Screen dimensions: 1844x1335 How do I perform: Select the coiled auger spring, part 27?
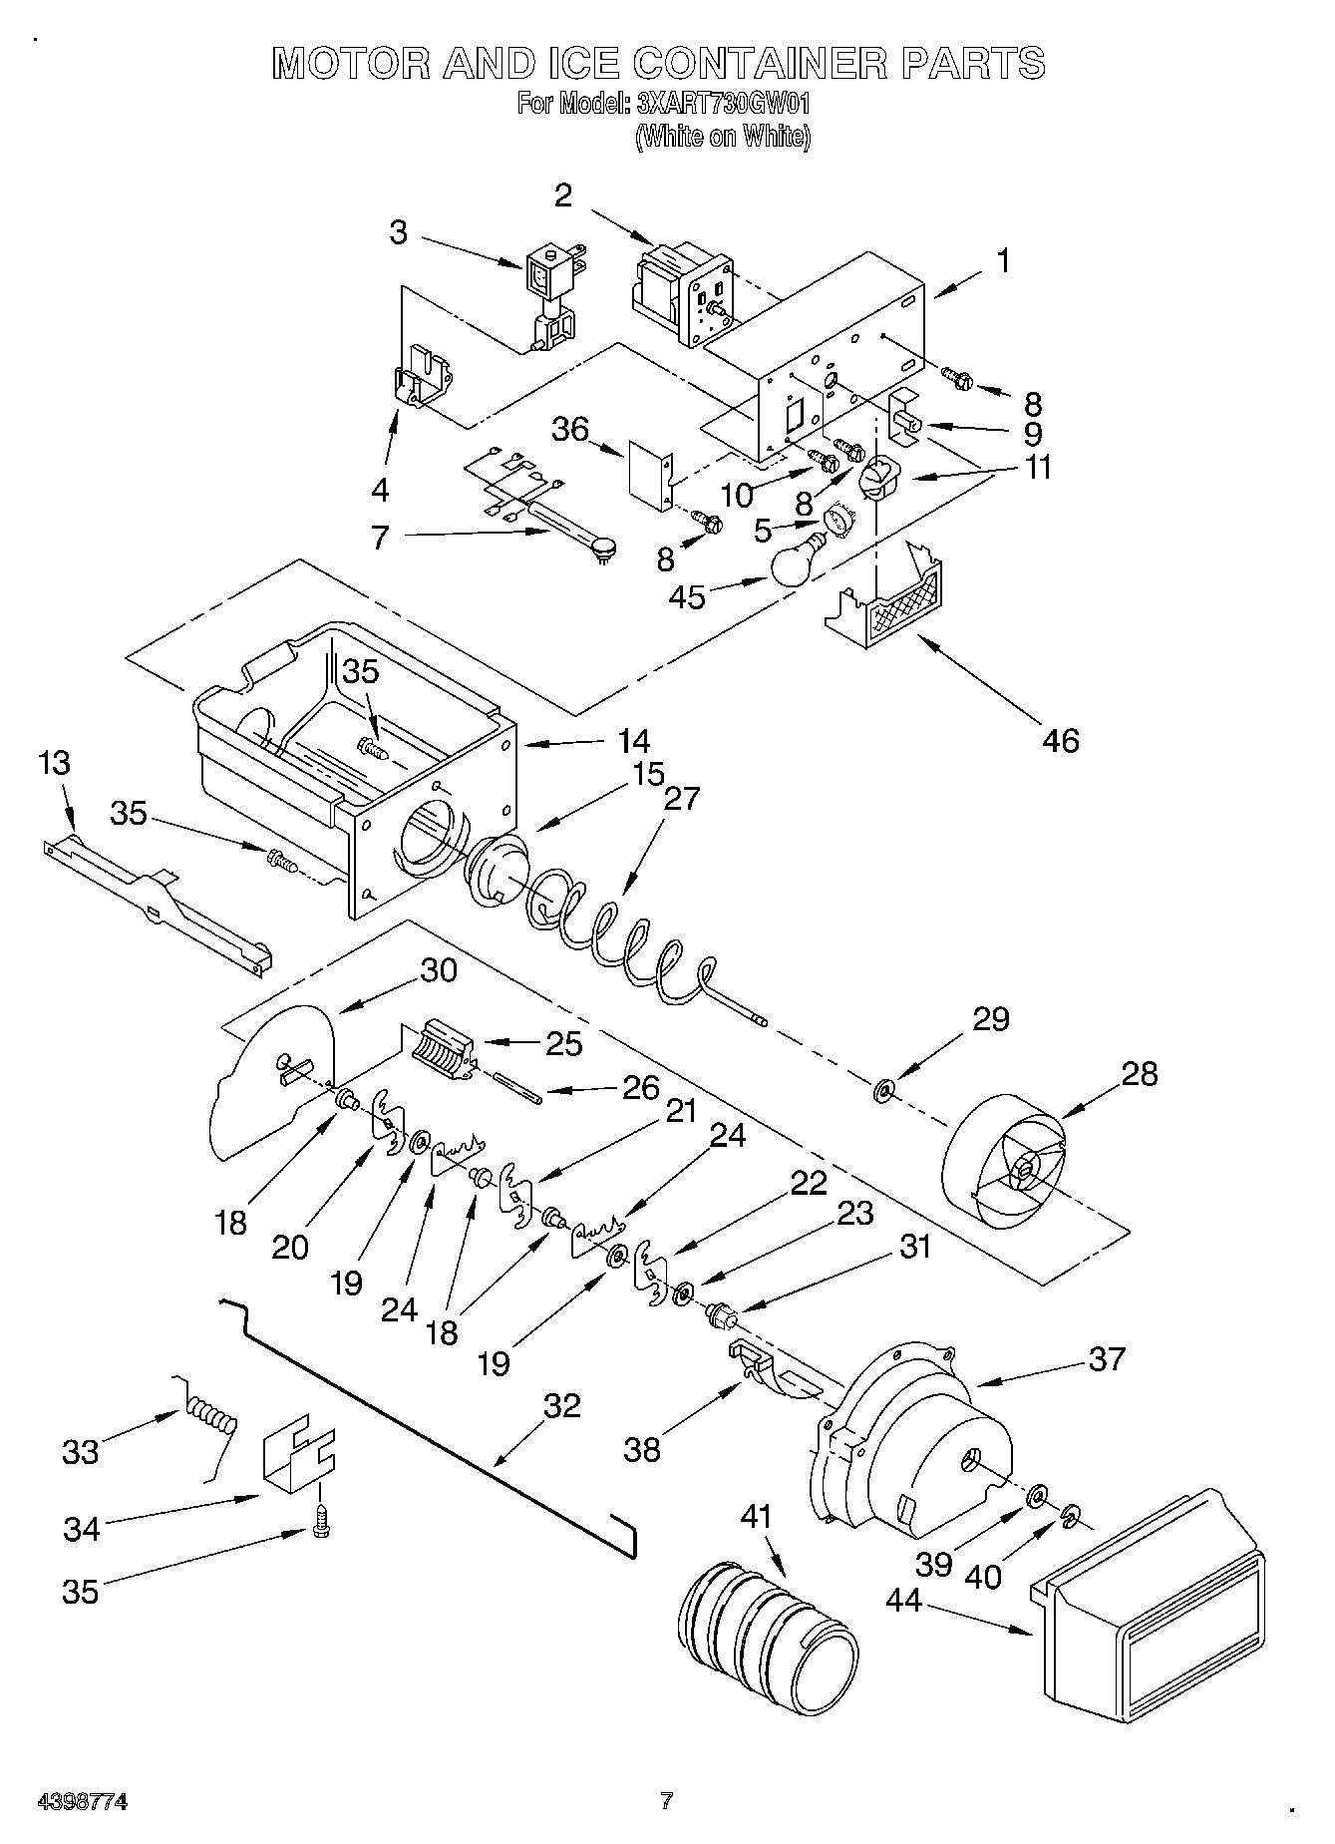[618, 932]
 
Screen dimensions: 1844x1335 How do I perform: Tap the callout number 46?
[1061, 740]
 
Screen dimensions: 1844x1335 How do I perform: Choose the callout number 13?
[55, 764]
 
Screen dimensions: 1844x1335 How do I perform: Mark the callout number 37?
[1106, 1358]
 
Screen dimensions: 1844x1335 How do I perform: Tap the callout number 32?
[561, 1405]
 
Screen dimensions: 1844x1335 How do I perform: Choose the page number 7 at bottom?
[666, 1801]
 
